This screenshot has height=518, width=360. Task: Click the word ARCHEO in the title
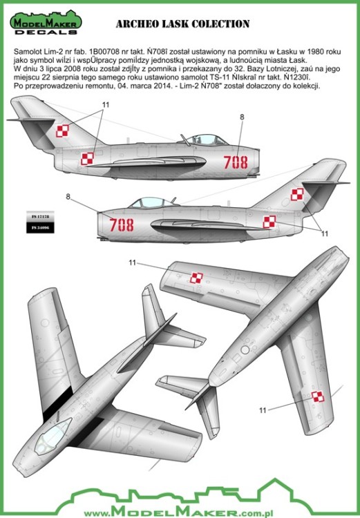(138, 24)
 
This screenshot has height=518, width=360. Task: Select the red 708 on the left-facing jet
(122, 224)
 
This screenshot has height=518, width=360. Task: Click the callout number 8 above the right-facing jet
(242, 117)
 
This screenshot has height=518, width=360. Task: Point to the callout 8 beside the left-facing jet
(68, 197)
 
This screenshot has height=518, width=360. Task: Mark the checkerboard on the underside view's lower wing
(317, 396)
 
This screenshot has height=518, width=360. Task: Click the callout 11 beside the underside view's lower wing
(262, 410)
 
